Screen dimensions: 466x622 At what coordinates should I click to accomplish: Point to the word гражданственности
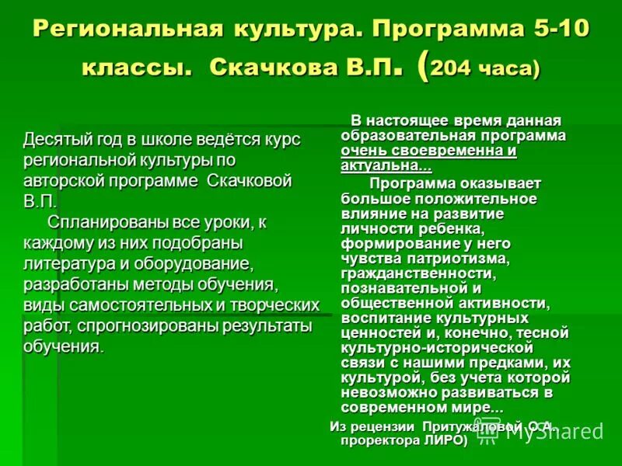pos(417,273)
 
